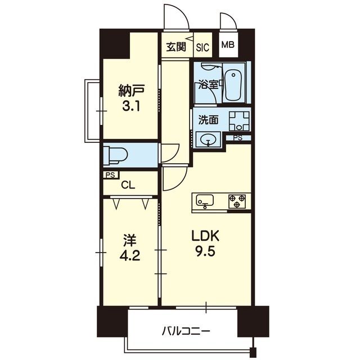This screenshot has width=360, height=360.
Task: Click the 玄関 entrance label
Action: (176, 47)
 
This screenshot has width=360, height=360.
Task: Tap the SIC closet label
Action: (202, 47)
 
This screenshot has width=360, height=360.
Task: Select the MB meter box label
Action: (228, 44)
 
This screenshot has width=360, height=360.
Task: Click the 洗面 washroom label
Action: (208, 120)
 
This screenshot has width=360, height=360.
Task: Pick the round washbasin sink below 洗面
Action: (208, 139)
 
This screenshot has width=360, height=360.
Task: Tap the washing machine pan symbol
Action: (239, 121)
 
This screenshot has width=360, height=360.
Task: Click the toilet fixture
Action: (115, 155)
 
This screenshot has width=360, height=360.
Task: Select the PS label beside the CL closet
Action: (110, 175)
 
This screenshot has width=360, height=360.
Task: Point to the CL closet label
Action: (128, 185)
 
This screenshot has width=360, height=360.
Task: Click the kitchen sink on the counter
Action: (205, 200)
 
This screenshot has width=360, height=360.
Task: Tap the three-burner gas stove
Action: (237, 201)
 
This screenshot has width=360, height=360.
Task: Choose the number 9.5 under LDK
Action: (205, 252)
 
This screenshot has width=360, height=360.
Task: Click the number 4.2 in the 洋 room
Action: (130, 256)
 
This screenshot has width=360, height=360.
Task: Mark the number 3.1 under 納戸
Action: (131, 107)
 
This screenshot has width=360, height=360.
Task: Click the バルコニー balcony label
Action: (186, 331)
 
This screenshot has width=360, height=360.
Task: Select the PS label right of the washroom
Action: (238, 138)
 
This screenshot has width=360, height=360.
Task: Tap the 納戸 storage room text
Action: (132, 90)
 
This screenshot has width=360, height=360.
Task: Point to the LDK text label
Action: (205, 236)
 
